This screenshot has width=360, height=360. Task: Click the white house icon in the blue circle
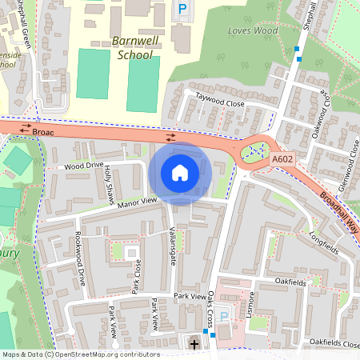pos(180,173)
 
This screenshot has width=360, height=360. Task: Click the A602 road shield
pos(282,160)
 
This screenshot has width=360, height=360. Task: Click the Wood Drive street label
pos(84,166)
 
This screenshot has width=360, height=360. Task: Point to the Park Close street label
pos(137,276)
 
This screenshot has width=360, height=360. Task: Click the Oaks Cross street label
pos(212,308)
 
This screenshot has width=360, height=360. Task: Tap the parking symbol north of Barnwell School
pos(182,10)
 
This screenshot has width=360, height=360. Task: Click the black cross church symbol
pos(194,344)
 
